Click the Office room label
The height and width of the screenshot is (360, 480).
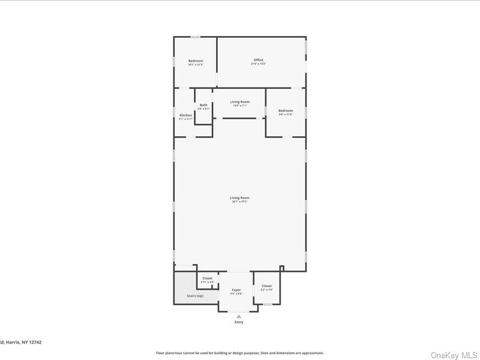pos(259,60)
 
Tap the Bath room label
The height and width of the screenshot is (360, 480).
pos(203,105)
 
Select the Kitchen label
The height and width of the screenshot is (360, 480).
pos(186,115)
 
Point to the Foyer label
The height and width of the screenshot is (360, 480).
pos(236,290)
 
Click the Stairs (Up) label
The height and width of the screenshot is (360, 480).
pos(195,296)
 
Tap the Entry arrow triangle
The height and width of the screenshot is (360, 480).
pos(239,316)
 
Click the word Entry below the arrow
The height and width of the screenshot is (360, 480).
pos(239,323)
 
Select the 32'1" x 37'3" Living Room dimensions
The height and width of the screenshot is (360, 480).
pos(239,202)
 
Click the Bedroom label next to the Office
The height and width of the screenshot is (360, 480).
pos(196,61)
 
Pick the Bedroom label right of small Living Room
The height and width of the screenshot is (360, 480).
pos(286,110)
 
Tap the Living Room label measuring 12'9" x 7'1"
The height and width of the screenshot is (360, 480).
pos(240,102)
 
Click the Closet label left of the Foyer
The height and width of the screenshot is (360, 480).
pos(207,278)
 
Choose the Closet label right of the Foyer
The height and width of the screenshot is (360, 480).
pos(266,286)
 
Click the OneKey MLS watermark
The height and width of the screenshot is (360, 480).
pos(454,355)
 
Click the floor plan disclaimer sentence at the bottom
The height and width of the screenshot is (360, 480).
pos(239,353)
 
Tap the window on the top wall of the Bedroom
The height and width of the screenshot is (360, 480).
pos(196,37)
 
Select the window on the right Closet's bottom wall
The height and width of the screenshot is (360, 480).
pos(267,304)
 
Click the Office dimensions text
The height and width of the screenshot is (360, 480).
pos(259,64)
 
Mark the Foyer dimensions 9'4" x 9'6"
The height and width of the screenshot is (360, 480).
pos(236,294)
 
